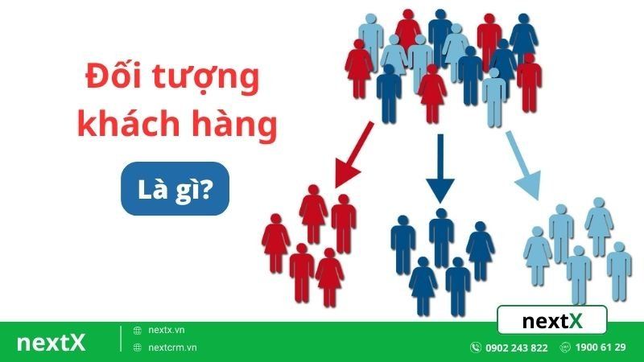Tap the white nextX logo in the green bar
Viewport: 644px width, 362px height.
pos(51,343)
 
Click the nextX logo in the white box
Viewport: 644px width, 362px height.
pos(551,321)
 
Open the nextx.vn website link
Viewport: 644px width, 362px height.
pos(167,331)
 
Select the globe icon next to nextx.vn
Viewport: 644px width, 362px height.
pos(138,331)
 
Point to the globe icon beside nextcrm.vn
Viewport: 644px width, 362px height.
pos(138,348)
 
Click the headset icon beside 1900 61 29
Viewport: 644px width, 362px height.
pos(566,348)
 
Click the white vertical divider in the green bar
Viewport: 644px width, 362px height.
pos(121,339)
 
